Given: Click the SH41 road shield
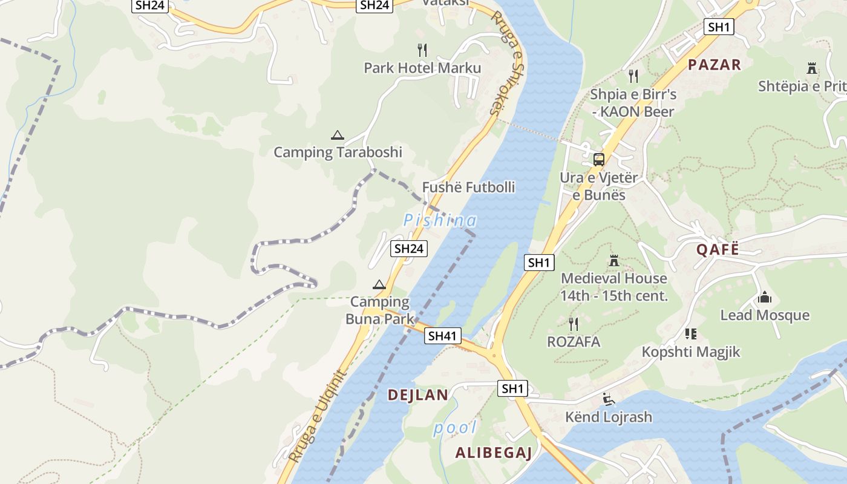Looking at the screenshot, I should [x=443, y=336].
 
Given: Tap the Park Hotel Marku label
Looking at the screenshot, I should [x=422, y=68].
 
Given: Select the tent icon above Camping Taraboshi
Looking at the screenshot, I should [x=337, y=135].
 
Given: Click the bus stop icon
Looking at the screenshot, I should [x=598, y=160].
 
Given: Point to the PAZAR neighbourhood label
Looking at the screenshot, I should [x=715, y=65].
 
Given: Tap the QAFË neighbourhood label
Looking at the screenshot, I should [x=718, y=249].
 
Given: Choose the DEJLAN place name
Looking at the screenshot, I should [x=418, y=396].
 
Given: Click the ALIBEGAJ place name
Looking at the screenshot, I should [x=493, y=453].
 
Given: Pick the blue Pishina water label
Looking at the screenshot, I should [x=440, y=220].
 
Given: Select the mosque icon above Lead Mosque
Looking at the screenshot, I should [x=764, y=297].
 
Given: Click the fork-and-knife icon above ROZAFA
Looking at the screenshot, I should [x=574, y=324].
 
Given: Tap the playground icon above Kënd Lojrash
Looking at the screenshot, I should [x=609, y=399].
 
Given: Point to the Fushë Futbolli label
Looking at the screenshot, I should [x=468, y=188].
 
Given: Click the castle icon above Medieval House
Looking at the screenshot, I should [x=614, y=261].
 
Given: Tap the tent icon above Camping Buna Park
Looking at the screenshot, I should [x=379, y=284].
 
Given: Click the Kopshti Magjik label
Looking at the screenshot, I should [x=691, y=352].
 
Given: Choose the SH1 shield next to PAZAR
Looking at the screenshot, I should [x=719, y=27].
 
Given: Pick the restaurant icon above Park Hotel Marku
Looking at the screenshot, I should [x=422, y=50].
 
